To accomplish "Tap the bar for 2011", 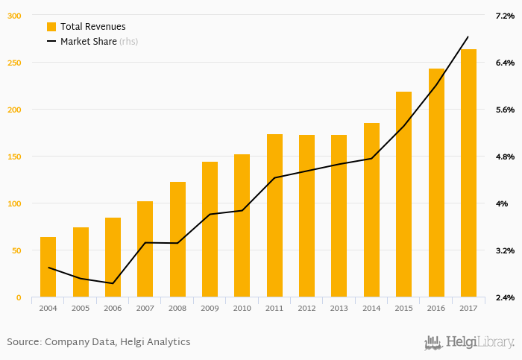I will point(274,215).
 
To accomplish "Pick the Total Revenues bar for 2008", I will point(177,239).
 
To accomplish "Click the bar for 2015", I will point(403,195).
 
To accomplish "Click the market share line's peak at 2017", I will point(468,37).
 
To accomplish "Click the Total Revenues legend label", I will point(93,27).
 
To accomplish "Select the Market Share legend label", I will point(88,42).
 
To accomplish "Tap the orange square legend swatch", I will point(51,27).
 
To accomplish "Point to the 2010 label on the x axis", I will point(242,308).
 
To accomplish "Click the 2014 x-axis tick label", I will point(371,308).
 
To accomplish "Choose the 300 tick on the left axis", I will point(14,16).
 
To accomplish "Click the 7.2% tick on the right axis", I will point(505,16).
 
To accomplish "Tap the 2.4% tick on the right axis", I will point(505,297).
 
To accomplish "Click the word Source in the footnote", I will point(22,342).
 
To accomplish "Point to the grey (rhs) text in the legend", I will point(129,42).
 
